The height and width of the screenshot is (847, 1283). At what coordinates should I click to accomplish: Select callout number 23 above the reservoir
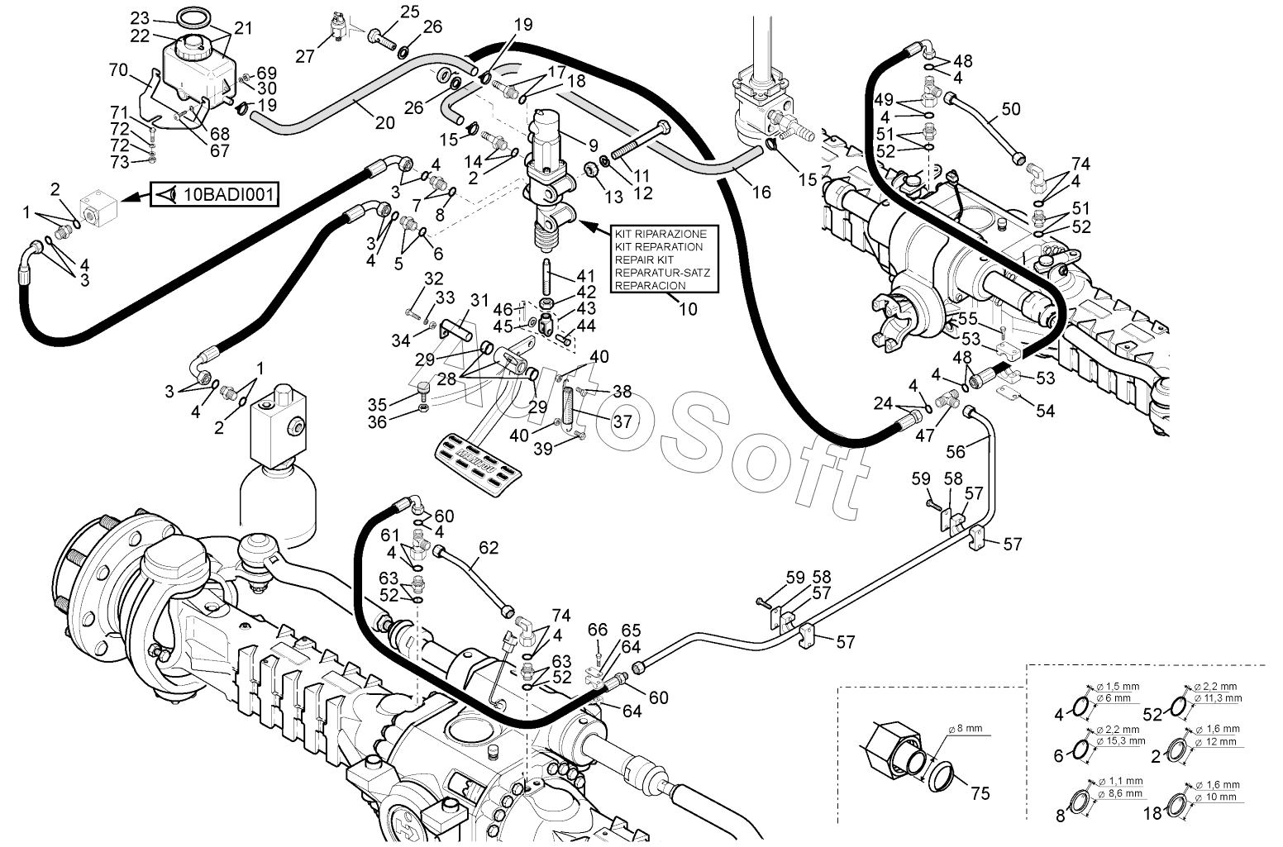pos(141,17)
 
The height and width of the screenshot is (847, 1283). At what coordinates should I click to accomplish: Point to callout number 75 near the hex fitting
pos(980,793)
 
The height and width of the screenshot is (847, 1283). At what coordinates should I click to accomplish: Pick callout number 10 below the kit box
pos(687,309)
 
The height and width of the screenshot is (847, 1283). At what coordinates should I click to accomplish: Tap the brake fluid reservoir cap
pos(194,44)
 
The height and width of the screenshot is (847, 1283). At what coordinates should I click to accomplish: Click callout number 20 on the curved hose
pos(384,123)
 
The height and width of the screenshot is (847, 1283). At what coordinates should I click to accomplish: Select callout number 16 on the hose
pos(761,192)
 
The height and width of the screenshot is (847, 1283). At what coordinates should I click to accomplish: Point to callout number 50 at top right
pos(1010,109)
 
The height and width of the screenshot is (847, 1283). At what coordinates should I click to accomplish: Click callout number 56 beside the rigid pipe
pos(956,451)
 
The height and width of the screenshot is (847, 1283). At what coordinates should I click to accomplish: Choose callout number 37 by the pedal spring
pos(622,421)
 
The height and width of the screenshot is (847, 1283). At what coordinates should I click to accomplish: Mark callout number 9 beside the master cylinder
pos(593,145)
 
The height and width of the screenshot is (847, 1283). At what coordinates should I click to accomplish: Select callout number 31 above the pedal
pos(479,299)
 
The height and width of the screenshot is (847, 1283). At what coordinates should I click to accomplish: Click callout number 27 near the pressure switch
pos(305,56)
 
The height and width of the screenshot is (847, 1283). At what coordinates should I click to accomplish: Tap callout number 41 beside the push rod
pos(585,275)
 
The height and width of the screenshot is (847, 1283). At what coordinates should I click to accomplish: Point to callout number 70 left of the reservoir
pos(118,71)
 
